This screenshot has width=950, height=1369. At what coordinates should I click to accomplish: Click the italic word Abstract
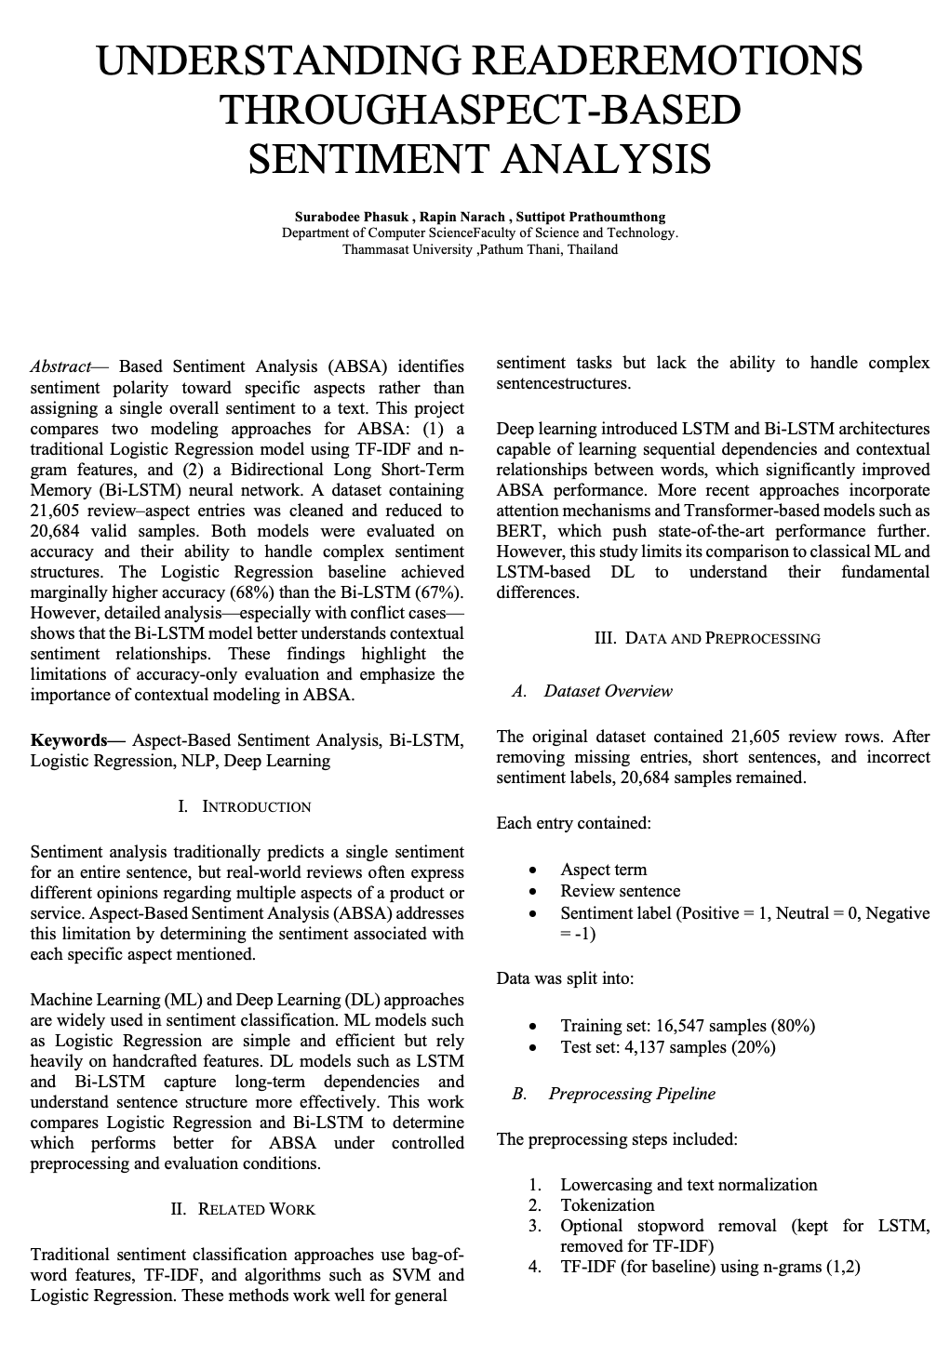(60, 367)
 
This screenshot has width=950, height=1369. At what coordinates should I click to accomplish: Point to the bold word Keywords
(69, 740)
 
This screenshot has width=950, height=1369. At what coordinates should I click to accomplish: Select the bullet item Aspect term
(603, 870)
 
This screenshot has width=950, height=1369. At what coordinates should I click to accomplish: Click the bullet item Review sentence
(620, 891)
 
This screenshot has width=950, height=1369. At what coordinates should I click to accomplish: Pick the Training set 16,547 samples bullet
(687, 1026)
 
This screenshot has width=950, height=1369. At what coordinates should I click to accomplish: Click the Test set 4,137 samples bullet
(667, 1047)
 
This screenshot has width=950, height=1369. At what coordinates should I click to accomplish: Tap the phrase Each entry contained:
(573, 823)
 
